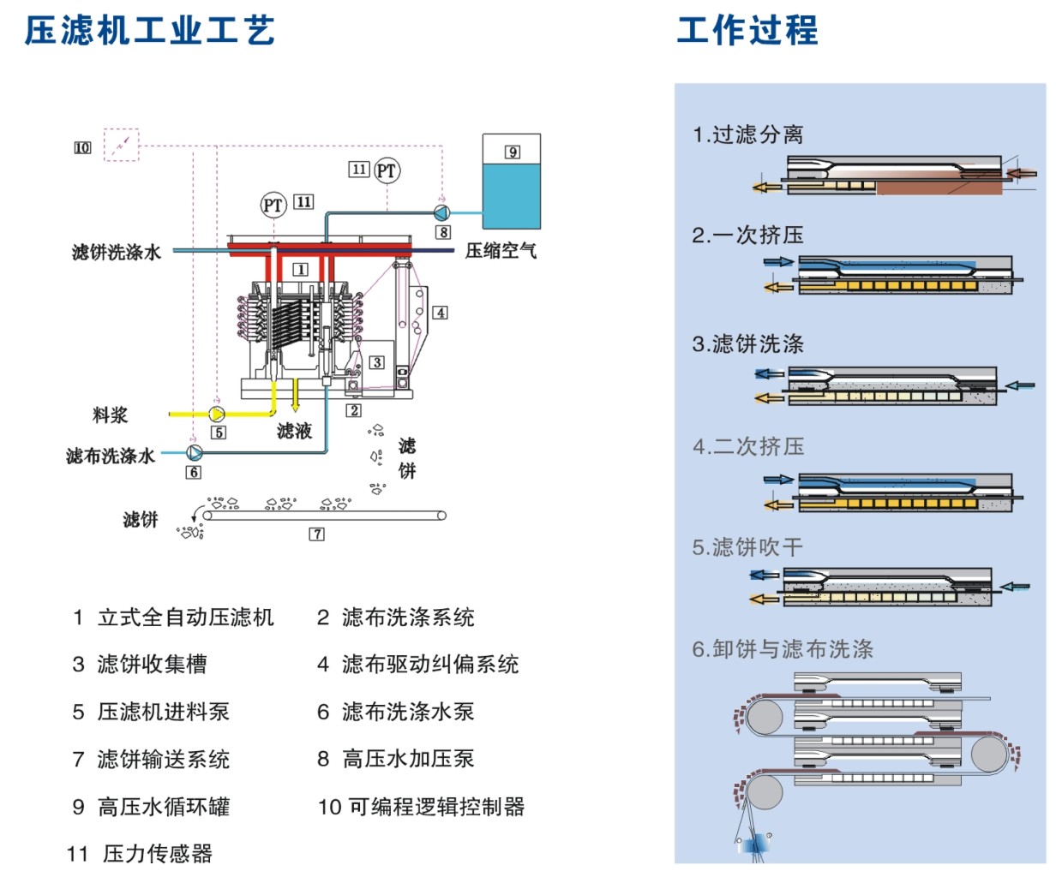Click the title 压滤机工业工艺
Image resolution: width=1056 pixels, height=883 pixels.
tap(149, 30)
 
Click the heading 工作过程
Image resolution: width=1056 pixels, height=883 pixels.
tap(747, 30)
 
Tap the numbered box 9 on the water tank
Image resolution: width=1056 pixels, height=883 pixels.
tap(512, 152)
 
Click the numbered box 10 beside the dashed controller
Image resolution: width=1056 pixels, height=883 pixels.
tap(82, 147)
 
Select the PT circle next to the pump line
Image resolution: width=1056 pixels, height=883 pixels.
tap(387, 170)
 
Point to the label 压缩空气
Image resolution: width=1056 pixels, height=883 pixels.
tap(501, 250)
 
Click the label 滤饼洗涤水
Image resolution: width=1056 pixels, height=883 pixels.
tap(117, 252)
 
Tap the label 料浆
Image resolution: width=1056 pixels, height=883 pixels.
tap(111, 415)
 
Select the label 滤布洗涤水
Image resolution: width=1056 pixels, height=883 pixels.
tap(111, 456)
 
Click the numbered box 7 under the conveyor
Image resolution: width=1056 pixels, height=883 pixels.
tap(317, 534)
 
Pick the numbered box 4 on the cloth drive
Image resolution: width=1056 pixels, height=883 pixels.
tap(440, 313)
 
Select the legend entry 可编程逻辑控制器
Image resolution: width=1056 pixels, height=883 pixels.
tap(435, 806)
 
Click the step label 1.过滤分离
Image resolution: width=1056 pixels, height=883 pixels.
tap(747, 134)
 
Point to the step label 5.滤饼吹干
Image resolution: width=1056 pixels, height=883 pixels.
tap(747, 546)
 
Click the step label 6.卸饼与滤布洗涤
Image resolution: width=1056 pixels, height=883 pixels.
tap(783, 649)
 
